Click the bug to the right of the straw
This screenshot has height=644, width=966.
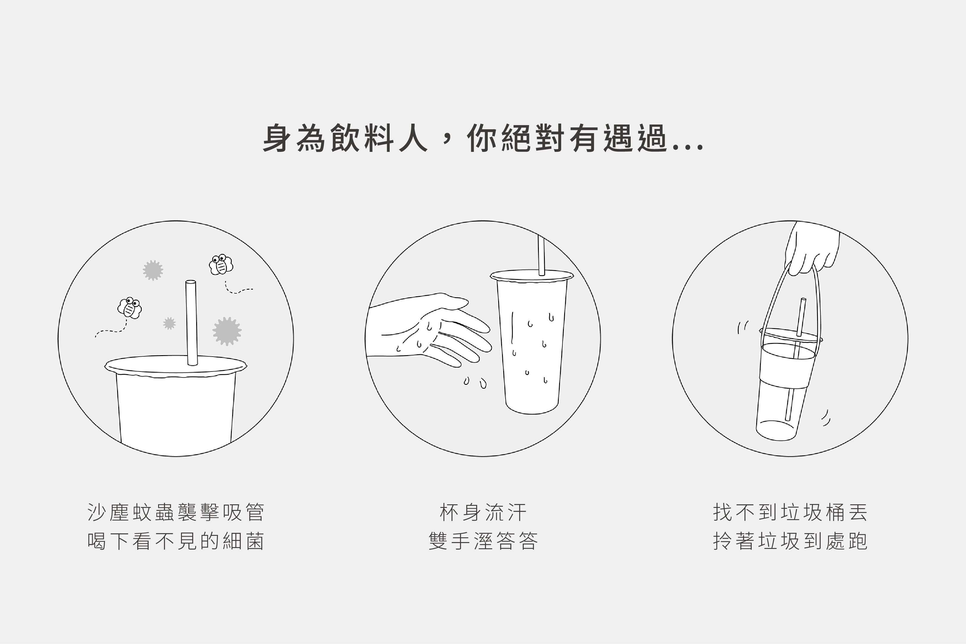click(x=221, y=264)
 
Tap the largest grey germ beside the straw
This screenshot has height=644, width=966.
click(x=227, y=331)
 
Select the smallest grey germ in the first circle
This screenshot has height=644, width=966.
click(x=169, y=323)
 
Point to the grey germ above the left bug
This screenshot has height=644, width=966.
click(x=153, y=270)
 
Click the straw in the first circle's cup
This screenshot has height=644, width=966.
click(x=191, y=323)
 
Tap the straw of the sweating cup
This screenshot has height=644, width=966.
click(x=541, y=255)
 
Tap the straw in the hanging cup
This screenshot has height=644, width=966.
click(x=796, y=359)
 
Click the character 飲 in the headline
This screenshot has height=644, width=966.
click(x=345, y=138)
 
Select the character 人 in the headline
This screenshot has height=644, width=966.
click(x=413, y=138)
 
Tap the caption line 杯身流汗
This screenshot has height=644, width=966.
click(x=483, y=513)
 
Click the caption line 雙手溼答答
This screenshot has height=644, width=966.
click(x=483, y=541)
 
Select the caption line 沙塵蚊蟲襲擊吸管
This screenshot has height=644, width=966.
click(x=176, y=513)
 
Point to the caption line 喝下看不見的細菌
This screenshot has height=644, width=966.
click(x=176, y=541)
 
